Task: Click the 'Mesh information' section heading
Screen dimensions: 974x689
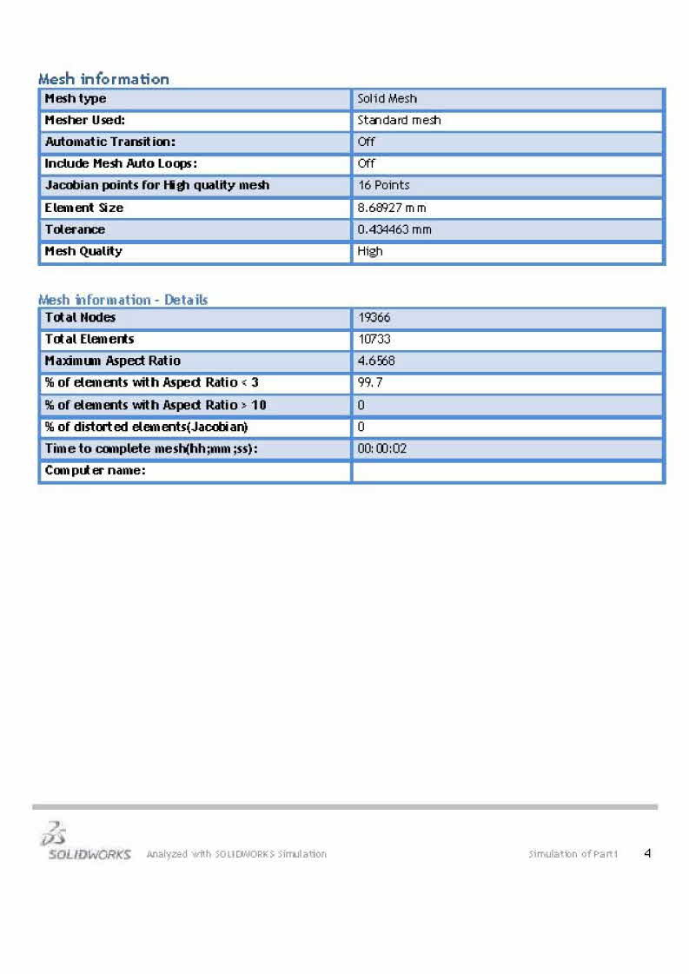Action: (103, 79)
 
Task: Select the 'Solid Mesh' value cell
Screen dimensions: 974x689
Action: (388, 99)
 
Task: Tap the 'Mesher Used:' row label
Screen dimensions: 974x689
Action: (85, 121)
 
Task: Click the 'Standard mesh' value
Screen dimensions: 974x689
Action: (399, 121)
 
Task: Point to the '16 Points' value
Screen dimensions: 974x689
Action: (383, 185)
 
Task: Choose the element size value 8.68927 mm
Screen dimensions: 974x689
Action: (392, 208)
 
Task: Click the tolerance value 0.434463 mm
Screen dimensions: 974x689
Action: (394, 229)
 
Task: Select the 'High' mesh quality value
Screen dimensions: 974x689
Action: (370, 251)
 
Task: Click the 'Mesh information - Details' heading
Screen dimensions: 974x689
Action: (123, 300)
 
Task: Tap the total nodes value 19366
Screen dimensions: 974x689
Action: (375, 318)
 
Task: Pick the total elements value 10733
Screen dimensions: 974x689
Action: (374, 339)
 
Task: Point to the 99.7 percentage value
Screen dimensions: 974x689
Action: (370, 383)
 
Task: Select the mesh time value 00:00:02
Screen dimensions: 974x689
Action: (382, 449)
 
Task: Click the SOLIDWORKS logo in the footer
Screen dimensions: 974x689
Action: (84, 842)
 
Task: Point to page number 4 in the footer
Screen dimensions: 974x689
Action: (647, 853)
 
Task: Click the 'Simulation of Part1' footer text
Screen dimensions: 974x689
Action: (573, 854)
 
